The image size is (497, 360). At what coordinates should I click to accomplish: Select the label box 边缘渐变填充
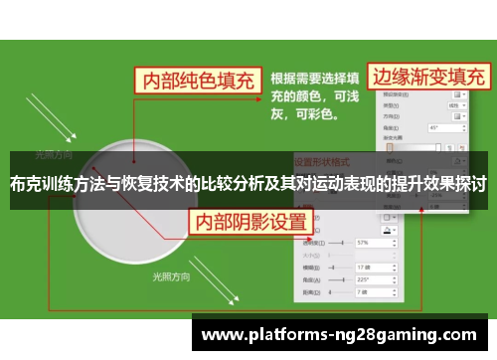(x=429, y=76)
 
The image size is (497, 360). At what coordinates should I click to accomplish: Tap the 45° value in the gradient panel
(x=436, y=127)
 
